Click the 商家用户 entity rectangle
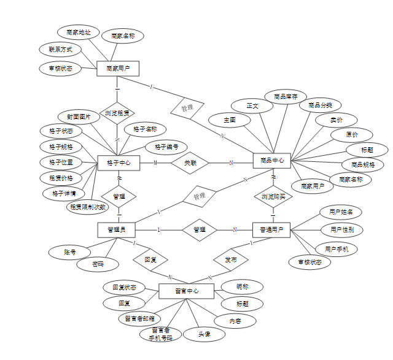[x=118, y=69]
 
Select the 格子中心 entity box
[x=119, y=163]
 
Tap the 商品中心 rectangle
[x=271, y=160]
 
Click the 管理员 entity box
[x=116, y=229]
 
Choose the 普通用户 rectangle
[x=271, y=229]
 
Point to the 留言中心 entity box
[x=186, y=291]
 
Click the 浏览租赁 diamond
[x=117, y=113]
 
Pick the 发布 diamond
[x=232, y=259]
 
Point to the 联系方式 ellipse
[x=60, y=49]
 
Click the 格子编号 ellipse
[x=166, y=147]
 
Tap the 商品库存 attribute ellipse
[x=286, y=97]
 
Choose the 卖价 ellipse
[x=336, y=120]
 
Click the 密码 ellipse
[x=98, y=264]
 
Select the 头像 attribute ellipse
[x=204, y=334]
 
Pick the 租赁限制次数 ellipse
[x=87, y=207]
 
